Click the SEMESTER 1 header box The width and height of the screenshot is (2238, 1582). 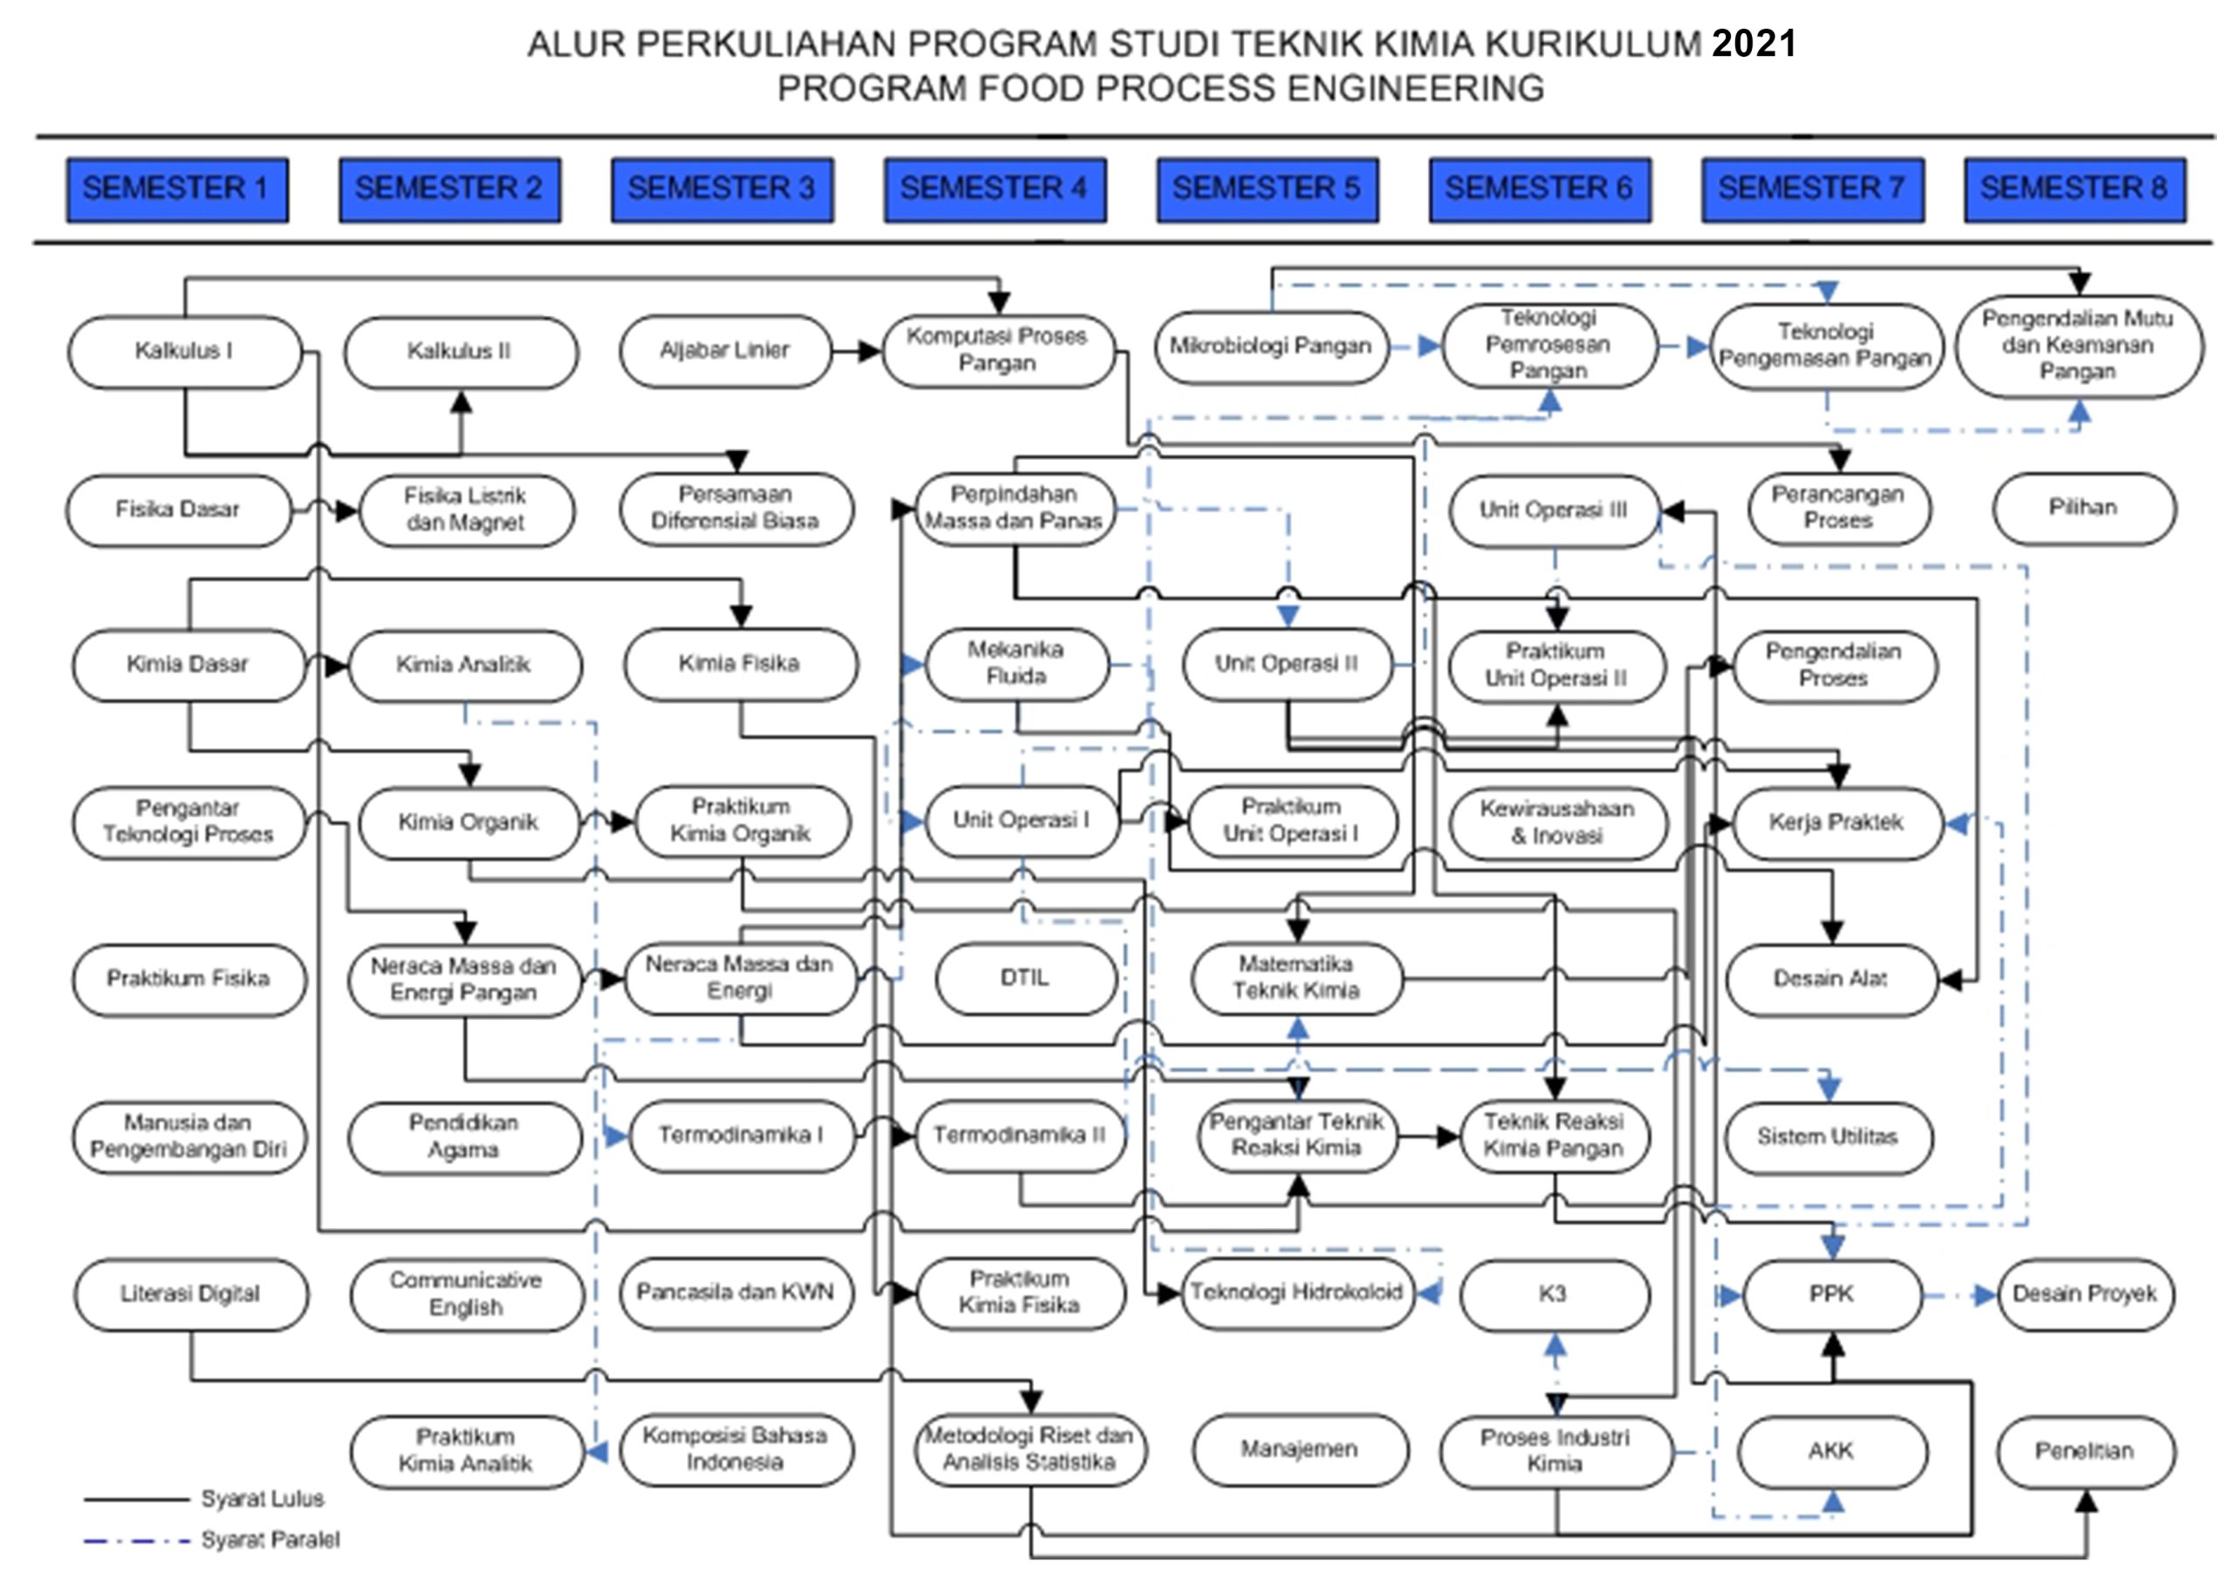(177, 189)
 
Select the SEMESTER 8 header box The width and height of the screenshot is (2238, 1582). (2075, 189)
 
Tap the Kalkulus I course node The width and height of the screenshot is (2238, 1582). (184, 350)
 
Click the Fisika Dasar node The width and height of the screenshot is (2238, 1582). (178, 510)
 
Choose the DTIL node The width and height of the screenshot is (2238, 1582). (1025, 978)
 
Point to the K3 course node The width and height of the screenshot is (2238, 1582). (1554, 1294)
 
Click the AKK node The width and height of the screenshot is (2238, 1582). (1831, 1452)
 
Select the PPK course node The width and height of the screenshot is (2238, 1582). (1831, 1294)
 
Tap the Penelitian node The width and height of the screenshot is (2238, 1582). (2085, 1452)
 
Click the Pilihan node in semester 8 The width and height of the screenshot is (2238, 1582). (2084, 509)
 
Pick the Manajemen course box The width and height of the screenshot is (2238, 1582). (1299, 1450)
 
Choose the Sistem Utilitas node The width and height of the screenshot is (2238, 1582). (1828, 1137)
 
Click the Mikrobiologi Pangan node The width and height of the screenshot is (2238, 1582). (1271, 347)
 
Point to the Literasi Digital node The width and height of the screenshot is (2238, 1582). (191, 1294)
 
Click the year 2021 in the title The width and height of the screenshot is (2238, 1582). (1754, 44)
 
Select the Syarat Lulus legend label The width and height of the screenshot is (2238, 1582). (262, 1498)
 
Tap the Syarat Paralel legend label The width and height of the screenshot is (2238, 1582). (270, 1540)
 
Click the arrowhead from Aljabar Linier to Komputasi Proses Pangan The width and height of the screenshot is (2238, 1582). (872, 350)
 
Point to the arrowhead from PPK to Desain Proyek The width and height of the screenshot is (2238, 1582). (1985, 1295)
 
